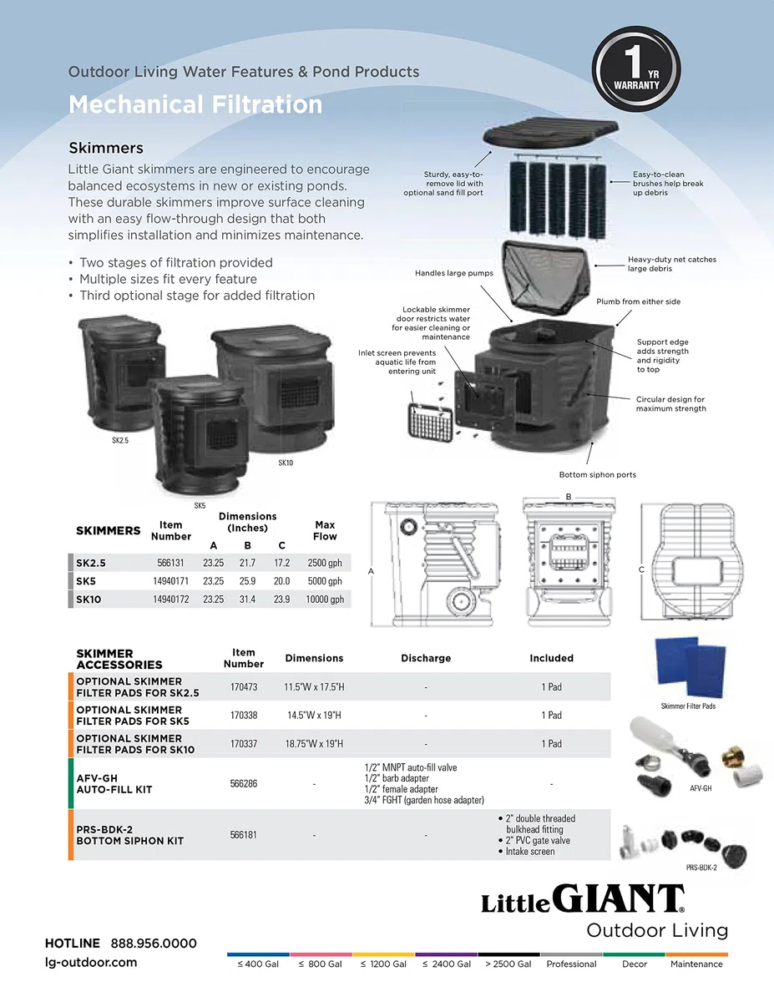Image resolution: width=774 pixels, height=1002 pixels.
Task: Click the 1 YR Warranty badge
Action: [x=636, y=69]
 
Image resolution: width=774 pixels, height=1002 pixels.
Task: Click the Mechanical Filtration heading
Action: [x=195, y=104]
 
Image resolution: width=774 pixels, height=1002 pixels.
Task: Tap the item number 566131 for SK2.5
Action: [x=170, y=563]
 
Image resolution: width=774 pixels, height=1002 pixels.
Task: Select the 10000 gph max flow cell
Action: [x=325, y=599]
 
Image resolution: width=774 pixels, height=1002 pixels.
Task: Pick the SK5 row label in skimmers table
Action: [x=86, y=581]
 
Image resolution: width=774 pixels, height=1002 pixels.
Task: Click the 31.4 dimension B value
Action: [x=247, y=599]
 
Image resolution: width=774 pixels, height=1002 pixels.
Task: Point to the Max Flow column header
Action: [x=325, y=530]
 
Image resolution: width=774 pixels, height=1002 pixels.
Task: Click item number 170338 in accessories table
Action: [x=244, y=716]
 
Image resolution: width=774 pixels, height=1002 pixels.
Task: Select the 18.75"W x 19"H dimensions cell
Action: [x=314, y=744]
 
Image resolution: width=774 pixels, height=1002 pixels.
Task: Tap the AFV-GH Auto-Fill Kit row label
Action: [x=114, y=783]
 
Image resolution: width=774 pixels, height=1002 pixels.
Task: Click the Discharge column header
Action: [x=426, y=658]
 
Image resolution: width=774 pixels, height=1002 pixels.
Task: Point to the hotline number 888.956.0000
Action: [x=154, y=944]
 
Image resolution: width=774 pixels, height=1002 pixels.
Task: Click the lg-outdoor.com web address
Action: [x=91, y=963]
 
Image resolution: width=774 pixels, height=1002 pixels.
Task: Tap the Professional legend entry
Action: [x=571, y=964]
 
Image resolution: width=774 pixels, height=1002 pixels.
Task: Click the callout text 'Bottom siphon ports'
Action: [x=598, y=474]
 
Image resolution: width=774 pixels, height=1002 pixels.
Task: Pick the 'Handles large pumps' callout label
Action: [x=454, y=273]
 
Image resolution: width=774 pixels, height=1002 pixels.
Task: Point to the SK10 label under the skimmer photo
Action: [x=286, y=463]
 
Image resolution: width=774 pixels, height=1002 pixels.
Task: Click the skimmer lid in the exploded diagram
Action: [x=550, y=132]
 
